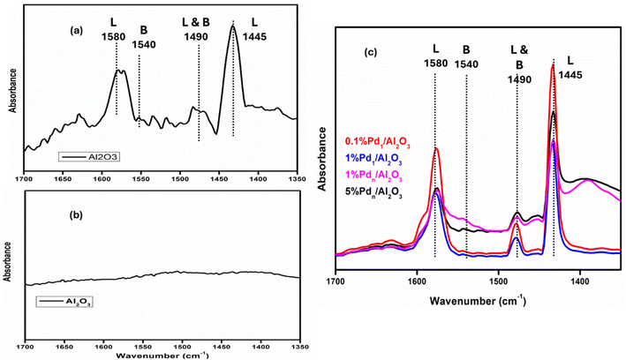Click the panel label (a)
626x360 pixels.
pos(79,29)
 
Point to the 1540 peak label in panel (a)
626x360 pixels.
pos(141,40)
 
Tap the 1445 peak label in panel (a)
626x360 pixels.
pos(238,36)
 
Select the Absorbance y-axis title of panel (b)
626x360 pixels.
pos(10,259)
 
